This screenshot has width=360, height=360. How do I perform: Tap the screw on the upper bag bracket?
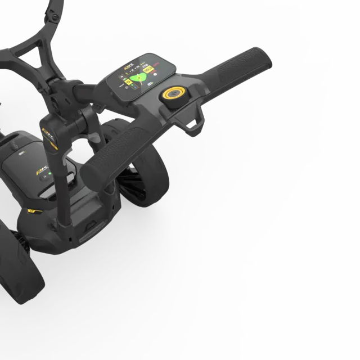click(x=55, y=17)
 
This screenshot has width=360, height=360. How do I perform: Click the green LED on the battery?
click(x=49, y=174)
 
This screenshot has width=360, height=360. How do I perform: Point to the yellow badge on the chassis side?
click(x=32, y=211)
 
